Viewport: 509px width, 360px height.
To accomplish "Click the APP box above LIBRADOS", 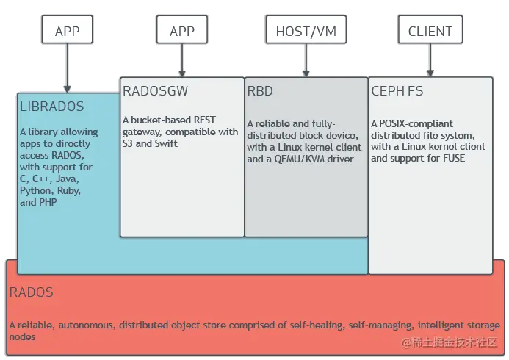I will pos(67,31).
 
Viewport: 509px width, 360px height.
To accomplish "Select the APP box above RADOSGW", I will pos(181,31).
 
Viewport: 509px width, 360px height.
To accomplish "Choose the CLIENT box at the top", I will pos(430,31).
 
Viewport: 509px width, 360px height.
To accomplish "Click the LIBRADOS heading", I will pos(52,107).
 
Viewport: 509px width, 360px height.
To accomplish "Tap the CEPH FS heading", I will pos(397,91).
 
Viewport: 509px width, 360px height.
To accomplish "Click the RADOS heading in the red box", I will pos(32,292).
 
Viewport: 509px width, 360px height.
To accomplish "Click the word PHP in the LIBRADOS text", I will pos(48,202).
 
